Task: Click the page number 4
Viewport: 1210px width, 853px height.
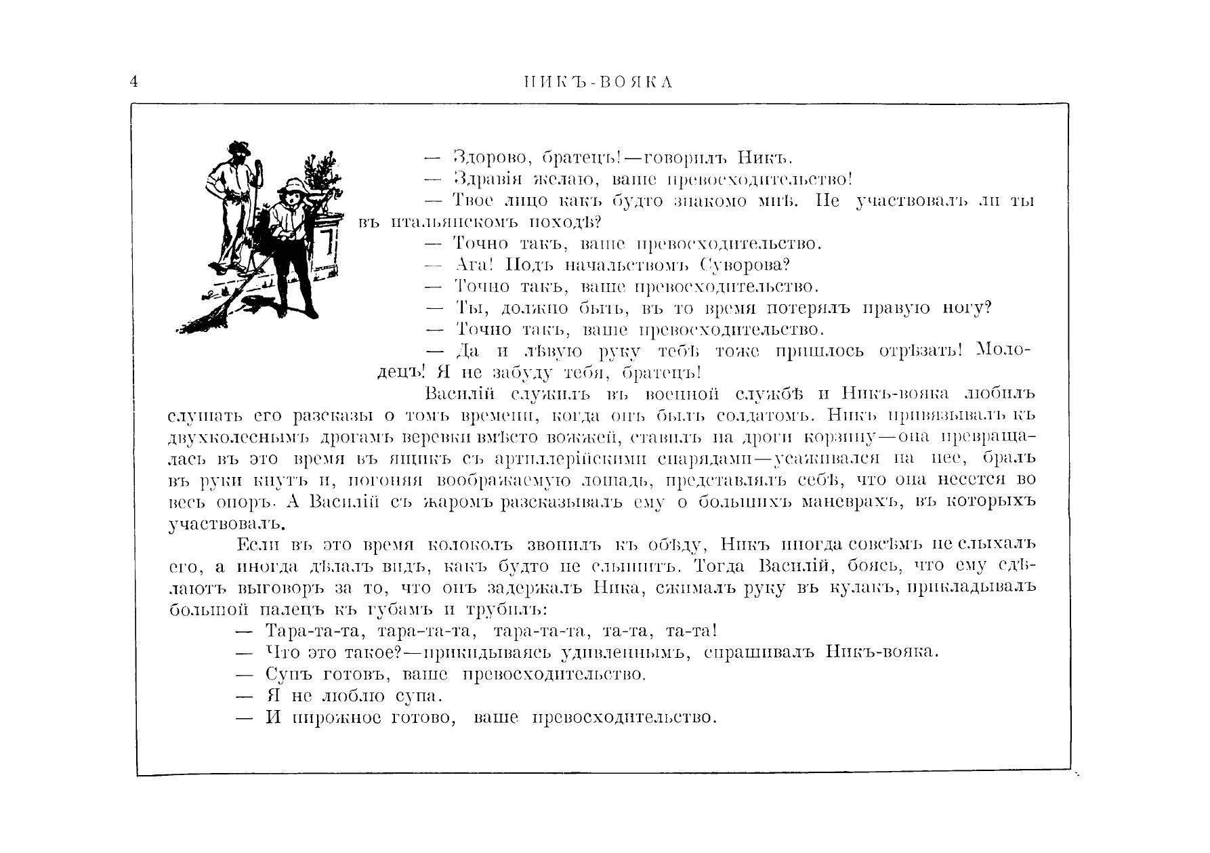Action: click(133, 82)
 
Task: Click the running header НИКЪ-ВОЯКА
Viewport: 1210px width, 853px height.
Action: click(598, 83)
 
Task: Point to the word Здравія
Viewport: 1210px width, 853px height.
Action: click(486, 180)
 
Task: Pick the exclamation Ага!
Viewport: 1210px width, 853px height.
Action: click(474, 265)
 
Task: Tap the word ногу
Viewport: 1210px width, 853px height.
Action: click(967, 308)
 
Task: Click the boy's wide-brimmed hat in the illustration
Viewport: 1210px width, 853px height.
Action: click(294, 186)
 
